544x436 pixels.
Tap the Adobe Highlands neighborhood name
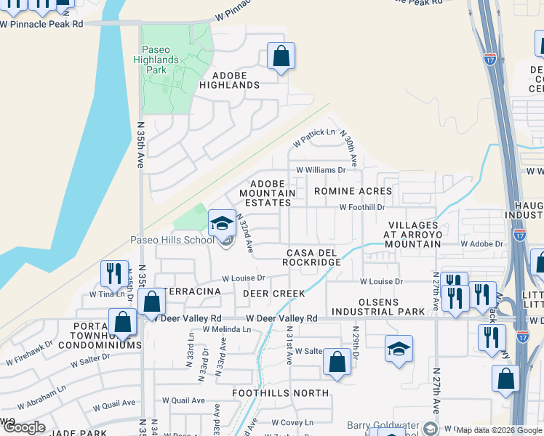click(x=235, y=80)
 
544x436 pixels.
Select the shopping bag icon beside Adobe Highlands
click(x=281, y=57)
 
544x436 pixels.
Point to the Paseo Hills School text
click(x=172, y=241)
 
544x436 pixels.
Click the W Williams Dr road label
click(x=321, y=170)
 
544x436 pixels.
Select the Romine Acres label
click(x=353, y=191)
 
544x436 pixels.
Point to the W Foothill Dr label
click(x=362, y=207)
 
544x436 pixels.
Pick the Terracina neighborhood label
click(x=193, y=291)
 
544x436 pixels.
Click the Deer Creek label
click(x=273, y=294)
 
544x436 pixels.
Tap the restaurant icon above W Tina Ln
click(x=114, y=274)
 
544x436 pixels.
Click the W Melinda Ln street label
click(x=226, y=329)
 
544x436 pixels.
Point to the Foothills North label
click(x=280, y=393)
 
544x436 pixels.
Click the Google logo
click(x=24, y=427)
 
